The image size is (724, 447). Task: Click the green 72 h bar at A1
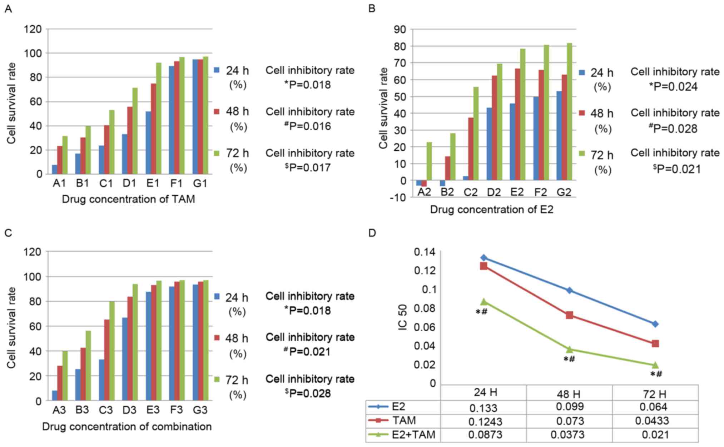tap(65, 155)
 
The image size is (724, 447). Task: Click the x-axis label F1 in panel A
tap(177, 184)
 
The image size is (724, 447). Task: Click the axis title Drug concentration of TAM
tap(129, 199)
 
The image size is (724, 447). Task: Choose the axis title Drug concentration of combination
tap(127, 427)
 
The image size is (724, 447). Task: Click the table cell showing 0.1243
tap(485, 422)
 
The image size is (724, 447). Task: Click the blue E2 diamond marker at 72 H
tap(655, 324)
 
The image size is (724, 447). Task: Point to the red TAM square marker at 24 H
tap(484, 266)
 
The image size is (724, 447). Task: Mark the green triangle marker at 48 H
tap(569, 349)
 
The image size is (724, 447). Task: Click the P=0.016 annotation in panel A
tap(309, 126)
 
